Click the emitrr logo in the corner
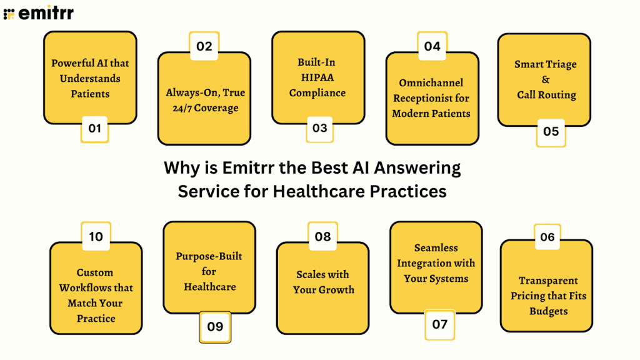point(38,13)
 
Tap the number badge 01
point(94,129)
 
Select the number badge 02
point(204,46)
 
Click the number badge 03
point(319,128)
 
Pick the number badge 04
point(432,46)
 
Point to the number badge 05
point(551,132)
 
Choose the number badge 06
point(547,237)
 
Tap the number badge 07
point(439,324)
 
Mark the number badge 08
point(322,237)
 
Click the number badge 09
point(214,326)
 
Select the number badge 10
point(96,237)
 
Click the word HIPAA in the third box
point(317,77)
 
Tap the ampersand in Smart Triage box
point(546,79)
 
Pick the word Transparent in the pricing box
point(548,281)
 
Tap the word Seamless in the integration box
point(436,247)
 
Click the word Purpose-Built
point(209,256)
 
